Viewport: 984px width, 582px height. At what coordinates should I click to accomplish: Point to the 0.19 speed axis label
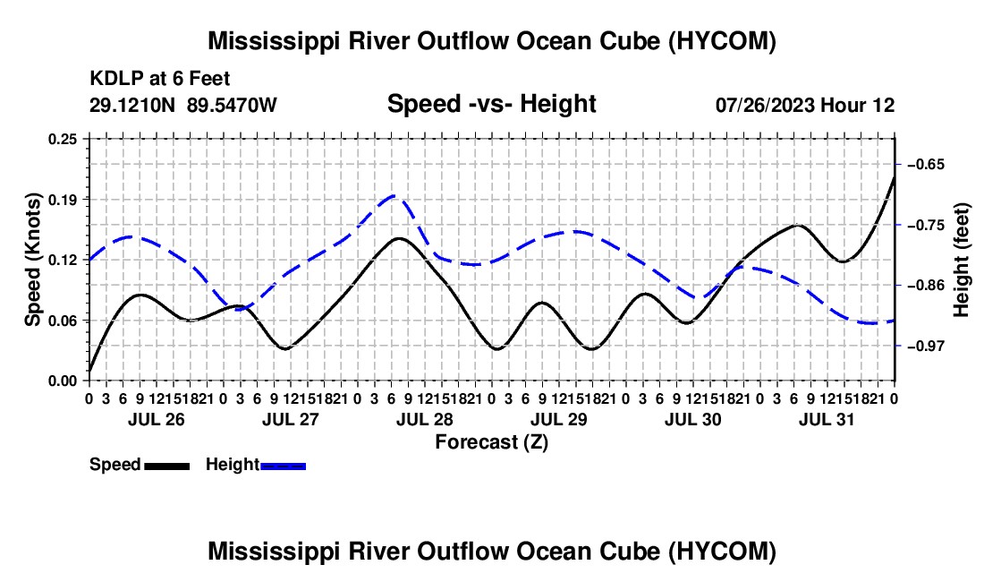click(x=62, y=200)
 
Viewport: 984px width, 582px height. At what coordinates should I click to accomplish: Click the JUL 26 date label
click(x=157, y=419)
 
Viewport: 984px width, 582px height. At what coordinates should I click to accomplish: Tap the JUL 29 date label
click(x=558, y=419)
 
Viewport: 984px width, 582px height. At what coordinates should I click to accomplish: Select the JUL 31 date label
click(x=827, y=419)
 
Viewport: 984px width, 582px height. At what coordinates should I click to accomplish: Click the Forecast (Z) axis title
click(x=492, y=442)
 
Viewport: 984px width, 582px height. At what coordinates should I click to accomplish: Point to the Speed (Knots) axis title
click(x=32, y=260)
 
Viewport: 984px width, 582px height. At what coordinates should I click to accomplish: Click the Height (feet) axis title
click(x=961, y=260)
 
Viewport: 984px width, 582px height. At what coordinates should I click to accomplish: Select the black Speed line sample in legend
click(x=167, y=466)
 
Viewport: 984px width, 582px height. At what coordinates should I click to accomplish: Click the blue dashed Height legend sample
click(x=283, y=466)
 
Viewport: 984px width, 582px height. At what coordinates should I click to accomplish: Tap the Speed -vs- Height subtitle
click(x=491, y=104)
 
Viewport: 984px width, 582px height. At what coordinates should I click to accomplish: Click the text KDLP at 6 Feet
click(x=160, y=79)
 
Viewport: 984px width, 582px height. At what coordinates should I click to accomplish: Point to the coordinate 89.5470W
click(x=232, y=105)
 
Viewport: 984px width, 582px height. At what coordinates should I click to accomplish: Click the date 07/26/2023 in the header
click(x=765, y=105)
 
